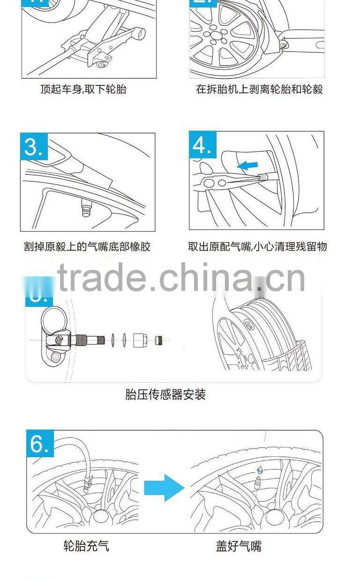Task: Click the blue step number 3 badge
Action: pos(34,147)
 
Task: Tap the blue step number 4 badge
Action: pos(203,145)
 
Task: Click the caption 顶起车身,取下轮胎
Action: pos(83,89)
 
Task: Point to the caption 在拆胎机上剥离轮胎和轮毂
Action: pos(259,89)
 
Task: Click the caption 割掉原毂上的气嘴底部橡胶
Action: pos(87,246)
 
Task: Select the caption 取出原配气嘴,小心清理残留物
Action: pos(257,246)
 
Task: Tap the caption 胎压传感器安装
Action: pos(165,394)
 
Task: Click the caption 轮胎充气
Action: pos(86,546)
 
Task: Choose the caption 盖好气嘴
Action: pos(239,546)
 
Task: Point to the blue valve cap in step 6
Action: pos(259,470)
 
